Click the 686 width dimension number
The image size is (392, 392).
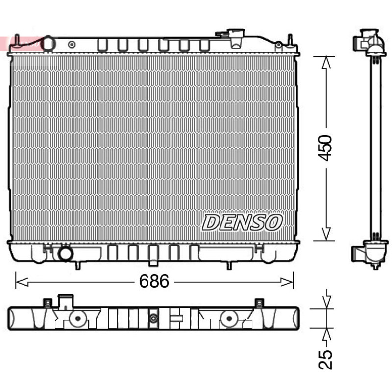pyautogui.click(x=154, y=281)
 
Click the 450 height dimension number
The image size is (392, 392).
pyautogui.click(x=325, y=148)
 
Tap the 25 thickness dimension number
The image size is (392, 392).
pyautogui.click(x=325, y=359)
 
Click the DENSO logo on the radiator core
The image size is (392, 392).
pyautogui.click(x=242, y=222)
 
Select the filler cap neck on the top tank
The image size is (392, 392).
pyautogui.click(x=236, y=38)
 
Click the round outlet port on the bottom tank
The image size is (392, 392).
pyautogui.click(x=66, y=253)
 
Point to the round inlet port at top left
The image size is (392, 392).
pyautogui.click(x=49, y=44)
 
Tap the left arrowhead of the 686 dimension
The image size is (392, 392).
pyautogui.click(x=22, y=282)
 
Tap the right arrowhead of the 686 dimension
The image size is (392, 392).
pyautogui.click(x=287, y=282)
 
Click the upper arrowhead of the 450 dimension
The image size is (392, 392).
pyautogui.click(x=326, y=63)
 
